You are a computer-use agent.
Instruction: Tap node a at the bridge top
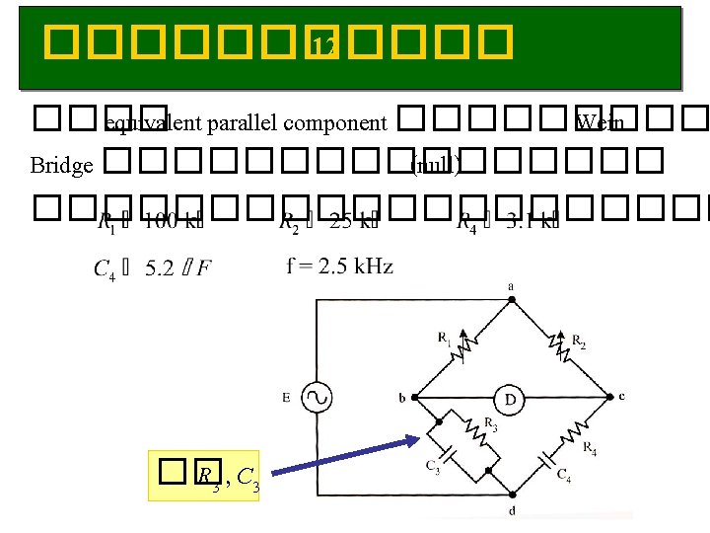pyautogui.click(x=510, y=287)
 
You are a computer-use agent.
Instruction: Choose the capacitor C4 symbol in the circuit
pyautogui.click(x=545, y=461)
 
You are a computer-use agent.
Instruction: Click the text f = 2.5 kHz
pyautogui.click(x=340, y=266)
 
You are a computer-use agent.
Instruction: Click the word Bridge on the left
pyautogui.click(x=61, y=165)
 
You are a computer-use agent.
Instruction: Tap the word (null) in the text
pyautogui.click(x=434, y=165)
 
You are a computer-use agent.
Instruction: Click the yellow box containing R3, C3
pyautogui.click(x=203, y=476)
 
